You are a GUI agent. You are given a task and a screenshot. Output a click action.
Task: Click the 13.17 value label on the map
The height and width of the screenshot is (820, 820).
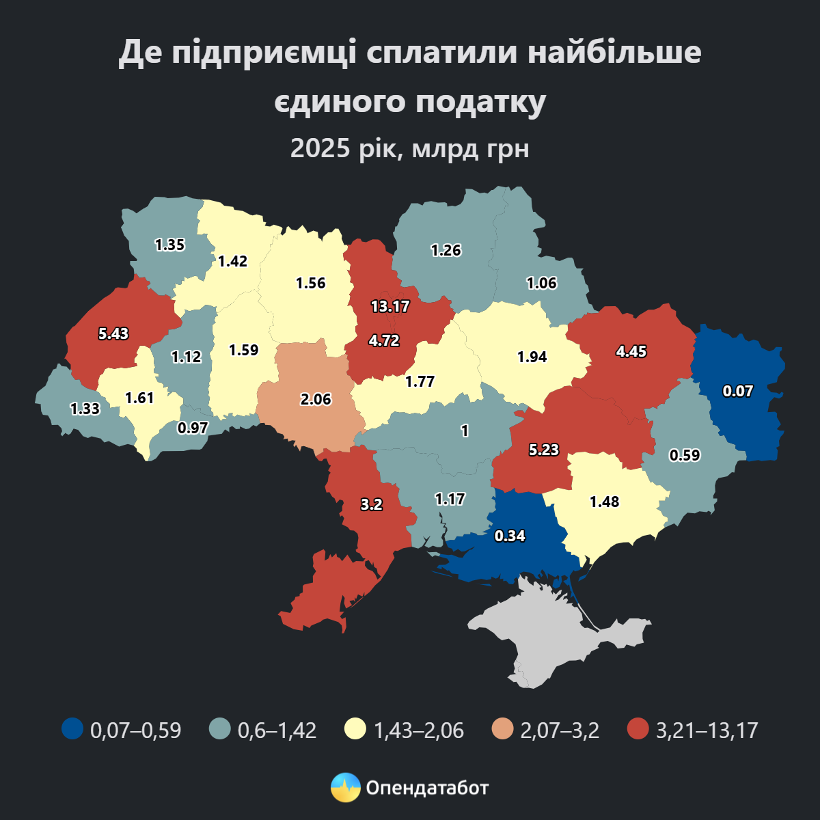pos(390,306)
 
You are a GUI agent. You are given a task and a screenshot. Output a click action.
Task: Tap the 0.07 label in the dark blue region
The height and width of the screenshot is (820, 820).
pos(738,392)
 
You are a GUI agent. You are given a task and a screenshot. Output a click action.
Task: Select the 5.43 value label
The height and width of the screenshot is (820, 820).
pos(113,334)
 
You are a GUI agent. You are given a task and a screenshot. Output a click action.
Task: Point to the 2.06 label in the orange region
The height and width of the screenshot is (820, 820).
pos(316,399)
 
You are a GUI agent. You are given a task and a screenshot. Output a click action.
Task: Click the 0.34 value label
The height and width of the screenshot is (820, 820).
pos(510,536)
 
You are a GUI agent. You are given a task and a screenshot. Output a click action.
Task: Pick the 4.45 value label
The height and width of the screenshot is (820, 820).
pos(631,352)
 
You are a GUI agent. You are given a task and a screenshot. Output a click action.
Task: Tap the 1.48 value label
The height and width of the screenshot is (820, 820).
pos(604,502)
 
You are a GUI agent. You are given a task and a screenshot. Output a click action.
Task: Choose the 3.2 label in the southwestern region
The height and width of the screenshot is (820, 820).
pos(371,505)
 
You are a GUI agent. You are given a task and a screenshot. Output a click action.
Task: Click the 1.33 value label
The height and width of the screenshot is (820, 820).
pos(85,409)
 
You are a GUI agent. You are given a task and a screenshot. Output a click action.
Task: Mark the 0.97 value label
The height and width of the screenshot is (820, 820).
pos(192,428)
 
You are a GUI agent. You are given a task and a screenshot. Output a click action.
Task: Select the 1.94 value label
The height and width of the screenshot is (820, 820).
pos(532,357)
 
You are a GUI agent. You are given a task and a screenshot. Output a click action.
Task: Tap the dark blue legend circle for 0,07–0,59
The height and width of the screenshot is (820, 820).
pos(72,729)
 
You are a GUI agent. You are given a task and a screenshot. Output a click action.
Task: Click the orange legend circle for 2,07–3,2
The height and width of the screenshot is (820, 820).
pos(502,729)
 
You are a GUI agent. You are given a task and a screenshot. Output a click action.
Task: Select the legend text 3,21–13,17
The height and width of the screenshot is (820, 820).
pos(707,730)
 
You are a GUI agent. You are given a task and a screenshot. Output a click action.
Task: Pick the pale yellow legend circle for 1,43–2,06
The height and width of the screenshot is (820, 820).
pos(355,729)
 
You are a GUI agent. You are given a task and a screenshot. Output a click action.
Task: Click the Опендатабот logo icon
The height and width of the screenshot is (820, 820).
pos(345,788)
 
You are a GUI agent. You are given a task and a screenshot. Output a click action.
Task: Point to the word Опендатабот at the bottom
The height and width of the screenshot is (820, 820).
pos(427,788)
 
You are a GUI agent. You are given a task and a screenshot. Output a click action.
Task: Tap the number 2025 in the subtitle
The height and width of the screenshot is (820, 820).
pos(320,148)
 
